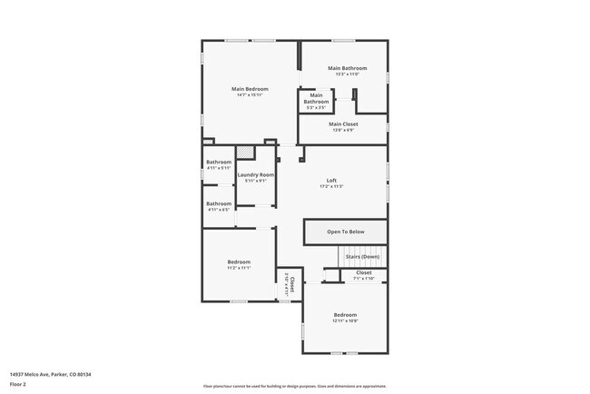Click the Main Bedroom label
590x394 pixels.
[250, 88]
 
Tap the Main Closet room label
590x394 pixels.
[343, 123]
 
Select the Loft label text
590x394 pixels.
[331, 180]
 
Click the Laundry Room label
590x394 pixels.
[256, 174]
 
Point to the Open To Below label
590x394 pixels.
[345, 231]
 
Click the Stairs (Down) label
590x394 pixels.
[362, 257]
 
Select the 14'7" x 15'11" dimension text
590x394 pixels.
[250, 94]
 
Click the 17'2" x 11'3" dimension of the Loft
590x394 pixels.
[331, 186]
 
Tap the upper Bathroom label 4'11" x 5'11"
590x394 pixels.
[219, 163]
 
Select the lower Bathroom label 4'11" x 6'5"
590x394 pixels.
[219, 203]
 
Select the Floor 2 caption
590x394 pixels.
[18, 384]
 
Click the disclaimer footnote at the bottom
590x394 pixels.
[295, 386]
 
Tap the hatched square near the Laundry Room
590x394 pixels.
[244, 153]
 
